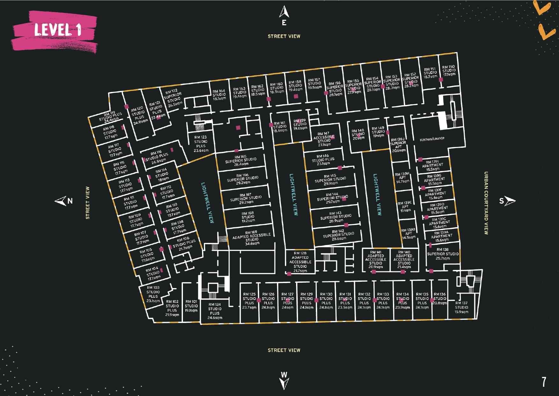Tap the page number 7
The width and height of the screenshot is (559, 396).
(544, 382)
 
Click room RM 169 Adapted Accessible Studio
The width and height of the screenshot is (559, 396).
(251, 238)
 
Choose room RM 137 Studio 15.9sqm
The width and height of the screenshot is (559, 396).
(461, 307)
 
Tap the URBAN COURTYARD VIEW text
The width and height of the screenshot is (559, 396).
(486, 203)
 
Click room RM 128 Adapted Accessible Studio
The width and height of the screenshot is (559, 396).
(300, 262)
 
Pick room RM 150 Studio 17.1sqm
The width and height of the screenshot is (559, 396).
(448, 71)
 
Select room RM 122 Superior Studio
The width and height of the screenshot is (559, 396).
(173, 98)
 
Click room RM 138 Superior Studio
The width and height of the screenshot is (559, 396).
(443, 254)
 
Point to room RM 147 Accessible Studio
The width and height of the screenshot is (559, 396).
(324, 139)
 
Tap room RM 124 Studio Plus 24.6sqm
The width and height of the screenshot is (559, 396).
(214, 311)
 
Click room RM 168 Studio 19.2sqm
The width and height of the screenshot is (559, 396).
(248, 217)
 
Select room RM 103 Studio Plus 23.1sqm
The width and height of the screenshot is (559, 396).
(153, 294)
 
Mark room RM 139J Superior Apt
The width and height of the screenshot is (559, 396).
(398, 145)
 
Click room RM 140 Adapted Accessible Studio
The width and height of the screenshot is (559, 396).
(404, 259)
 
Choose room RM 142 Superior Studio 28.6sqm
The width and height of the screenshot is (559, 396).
(338, 235)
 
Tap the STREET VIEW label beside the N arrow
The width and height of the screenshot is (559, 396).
(88, 203)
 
